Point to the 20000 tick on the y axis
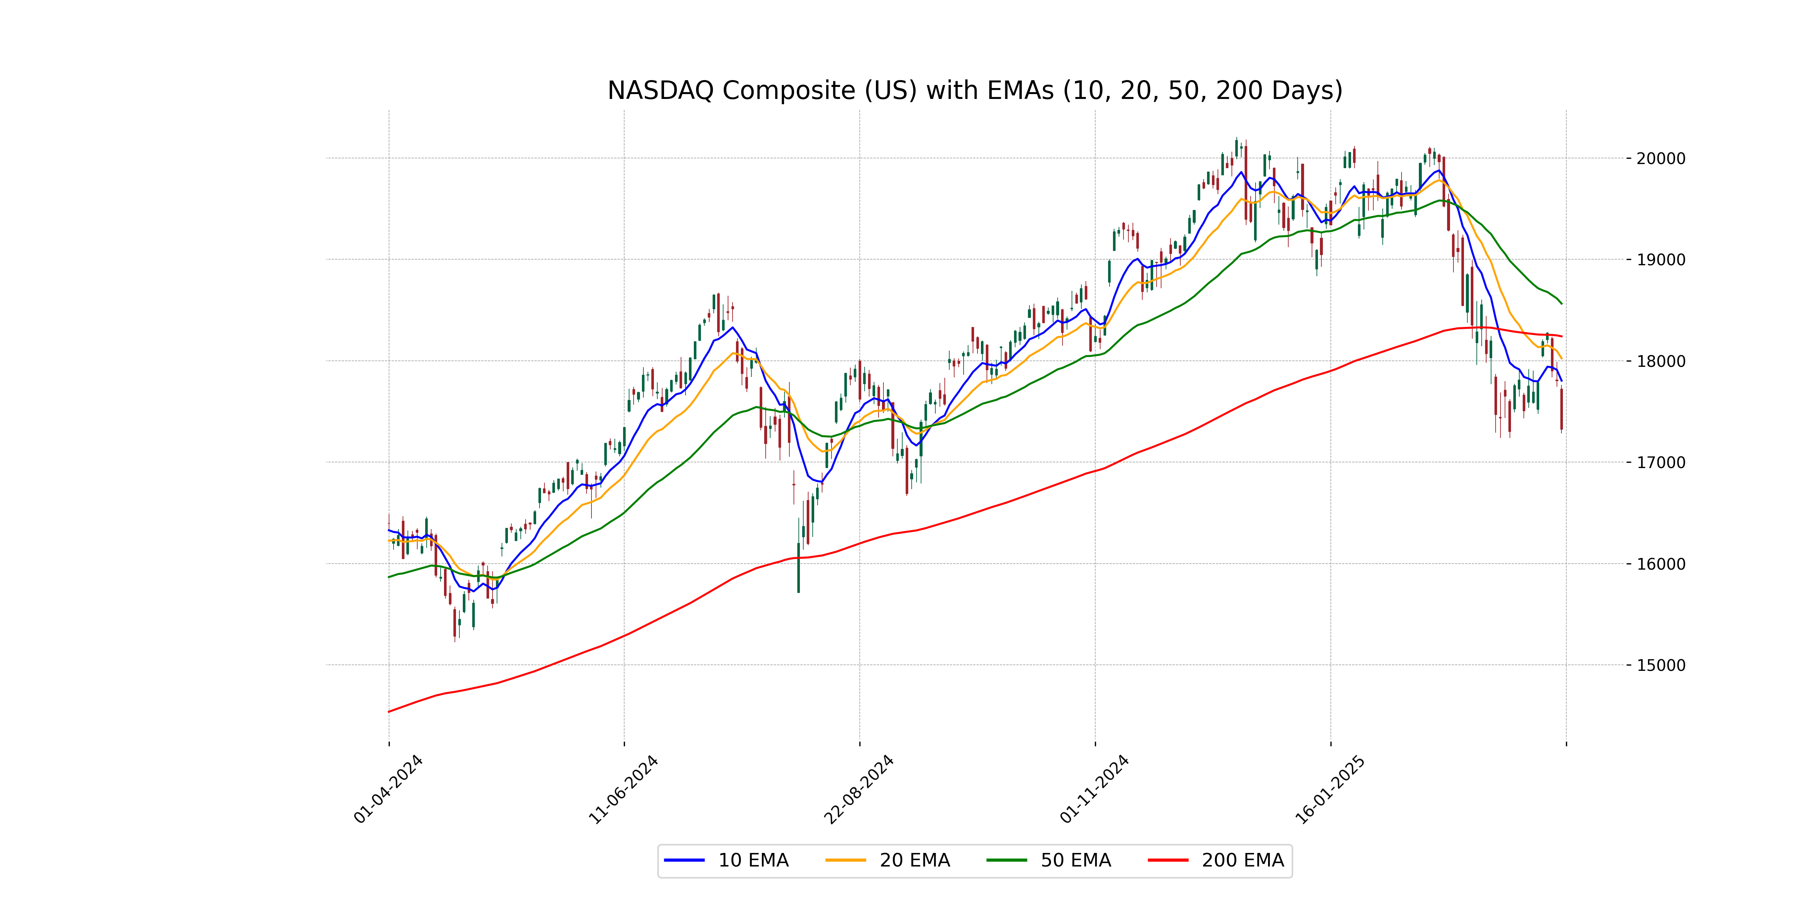[1660, 158]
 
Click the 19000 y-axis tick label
[1660, 260]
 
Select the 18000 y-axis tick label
[1660, 362]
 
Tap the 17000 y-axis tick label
[1660, 463]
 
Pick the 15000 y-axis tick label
[1660, 665]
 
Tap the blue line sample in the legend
[684, 860]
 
